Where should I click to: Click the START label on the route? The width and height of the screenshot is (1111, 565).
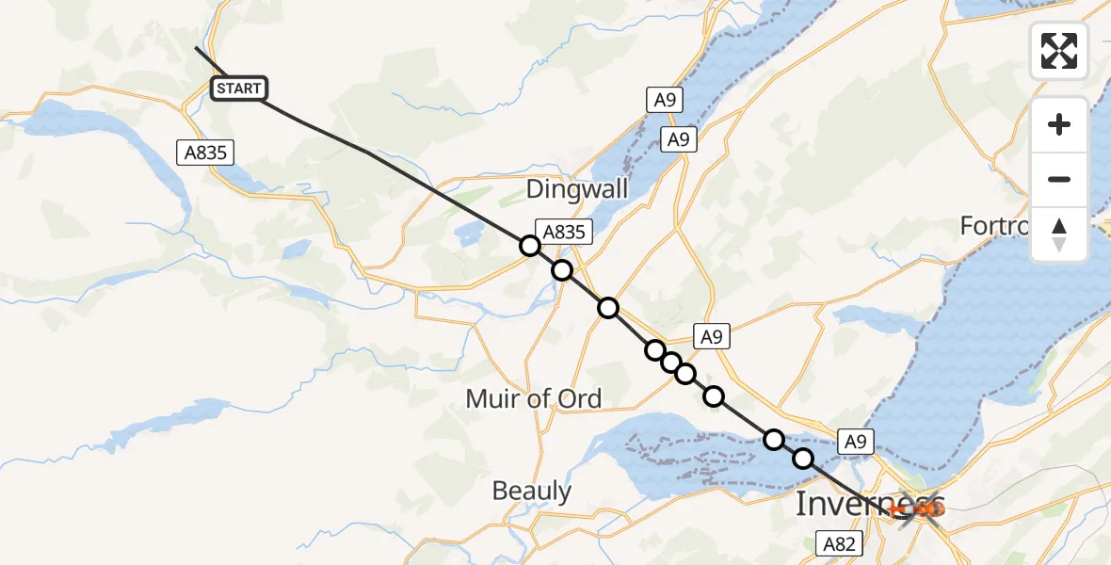[239, 89]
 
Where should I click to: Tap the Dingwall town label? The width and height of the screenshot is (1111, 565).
[577, 188]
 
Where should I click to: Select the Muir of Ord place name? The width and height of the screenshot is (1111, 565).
[533, 398]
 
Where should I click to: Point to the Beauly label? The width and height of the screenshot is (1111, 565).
[532, 491]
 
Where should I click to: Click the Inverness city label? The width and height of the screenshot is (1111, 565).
[868, 503]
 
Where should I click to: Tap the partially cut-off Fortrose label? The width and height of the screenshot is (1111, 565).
[998, 226]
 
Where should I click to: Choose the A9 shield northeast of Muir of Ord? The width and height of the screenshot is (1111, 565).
[712, 336]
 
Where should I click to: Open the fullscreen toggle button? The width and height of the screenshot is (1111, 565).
[1059, 51]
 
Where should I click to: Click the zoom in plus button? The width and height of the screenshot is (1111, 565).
[1059, 124]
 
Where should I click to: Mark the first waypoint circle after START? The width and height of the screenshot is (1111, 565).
[530, 246]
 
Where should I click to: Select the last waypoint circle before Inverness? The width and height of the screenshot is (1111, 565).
[803, 459]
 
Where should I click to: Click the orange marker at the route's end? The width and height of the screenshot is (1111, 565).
[928, 509]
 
